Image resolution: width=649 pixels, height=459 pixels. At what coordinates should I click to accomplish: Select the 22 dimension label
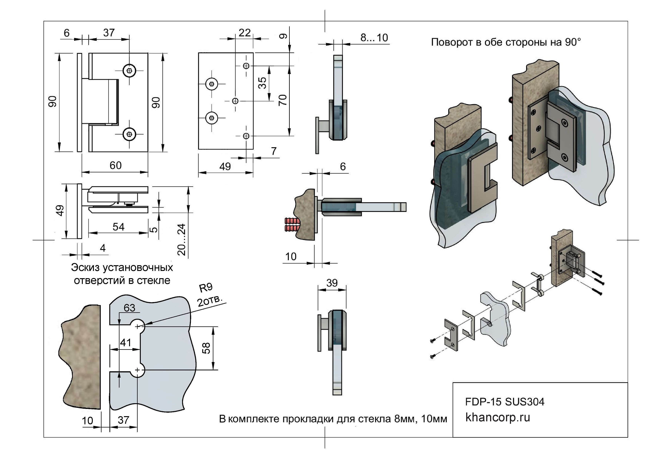(244, 33)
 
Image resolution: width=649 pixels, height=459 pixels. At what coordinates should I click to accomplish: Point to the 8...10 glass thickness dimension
(374, 38)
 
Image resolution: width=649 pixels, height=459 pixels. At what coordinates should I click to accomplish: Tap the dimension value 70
(283, 100)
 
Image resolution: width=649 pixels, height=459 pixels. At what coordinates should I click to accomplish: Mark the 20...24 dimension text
(182, 239)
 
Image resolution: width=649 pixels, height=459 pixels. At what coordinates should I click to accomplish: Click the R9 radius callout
(206, 288)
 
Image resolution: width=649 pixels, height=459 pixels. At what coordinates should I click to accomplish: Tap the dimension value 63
(129, 308)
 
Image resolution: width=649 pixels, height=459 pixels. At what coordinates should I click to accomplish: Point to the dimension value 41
(126, 343)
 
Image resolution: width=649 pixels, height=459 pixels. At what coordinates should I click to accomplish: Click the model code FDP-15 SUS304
(505, 402)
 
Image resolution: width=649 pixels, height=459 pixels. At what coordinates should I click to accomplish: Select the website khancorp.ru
(497, 417)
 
